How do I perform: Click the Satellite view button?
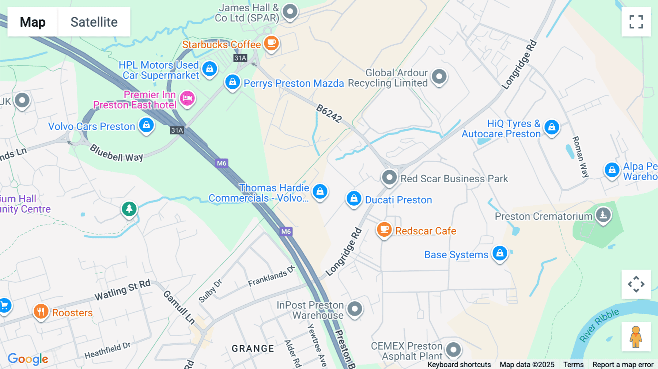click(94, 22)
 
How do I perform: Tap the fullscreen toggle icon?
click(636, 22)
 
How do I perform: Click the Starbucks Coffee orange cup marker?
click(271, 43)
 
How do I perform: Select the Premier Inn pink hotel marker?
click(188, 98)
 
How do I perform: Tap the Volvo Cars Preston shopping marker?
click(147, 125)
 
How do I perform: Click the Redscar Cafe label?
click(426, 231)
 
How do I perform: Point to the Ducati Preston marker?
click(354, 198)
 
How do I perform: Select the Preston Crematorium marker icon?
click(603, 215)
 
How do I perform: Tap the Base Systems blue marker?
click(500, 253)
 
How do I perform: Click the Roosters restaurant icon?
click(41, 312)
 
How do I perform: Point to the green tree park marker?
click(129, 209)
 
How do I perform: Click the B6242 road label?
click(329, 113)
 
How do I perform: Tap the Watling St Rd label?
click(122, 290)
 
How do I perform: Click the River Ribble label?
click(600, 325)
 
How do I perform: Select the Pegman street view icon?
click(636, 336)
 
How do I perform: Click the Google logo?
click(28, 359)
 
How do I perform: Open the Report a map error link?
click(623, 365)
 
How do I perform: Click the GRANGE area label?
click(253, 349)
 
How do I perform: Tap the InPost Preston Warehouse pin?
click(355, 309)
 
